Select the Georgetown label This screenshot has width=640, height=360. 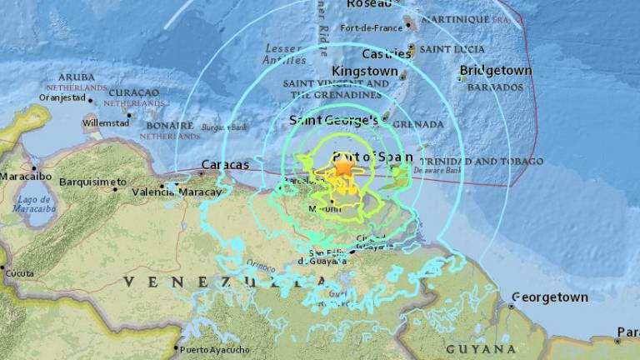[x=549, y=297]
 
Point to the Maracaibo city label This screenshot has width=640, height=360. [x=27, y=177]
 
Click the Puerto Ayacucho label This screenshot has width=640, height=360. [x=214, y=350]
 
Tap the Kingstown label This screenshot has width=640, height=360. [x=365, y=72]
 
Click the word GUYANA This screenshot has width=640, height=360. [x=481, y=348]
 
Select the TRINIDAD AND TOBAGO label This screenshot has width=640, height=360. [x=481, y=161]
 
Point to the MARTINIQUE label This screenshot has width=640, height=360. [x=458, y=20]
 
